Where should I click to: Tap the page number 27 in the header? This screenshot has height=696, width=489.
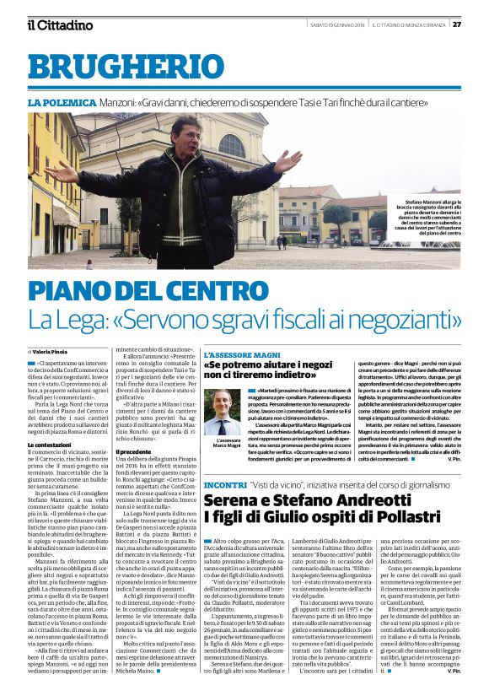point(478,24)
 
